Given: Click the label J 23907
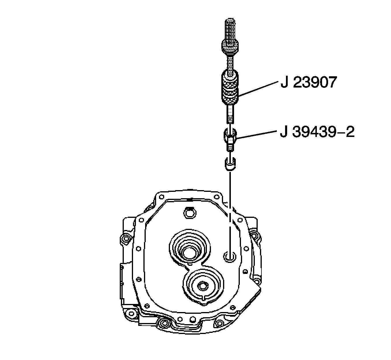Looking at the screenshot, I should [x=308, y=83].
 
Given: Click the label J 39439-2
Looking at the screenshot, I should [x=317, y=133].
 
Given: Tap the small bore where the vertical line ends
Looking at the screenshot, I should [x=230, y=256].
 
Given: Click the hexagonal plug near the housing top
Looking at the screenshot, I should [x=188, y=212].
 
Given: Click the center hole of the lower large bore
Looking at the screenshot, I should [x=202, y=286].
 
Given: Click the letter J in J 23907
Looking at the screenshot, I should [x=285, y=83].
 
